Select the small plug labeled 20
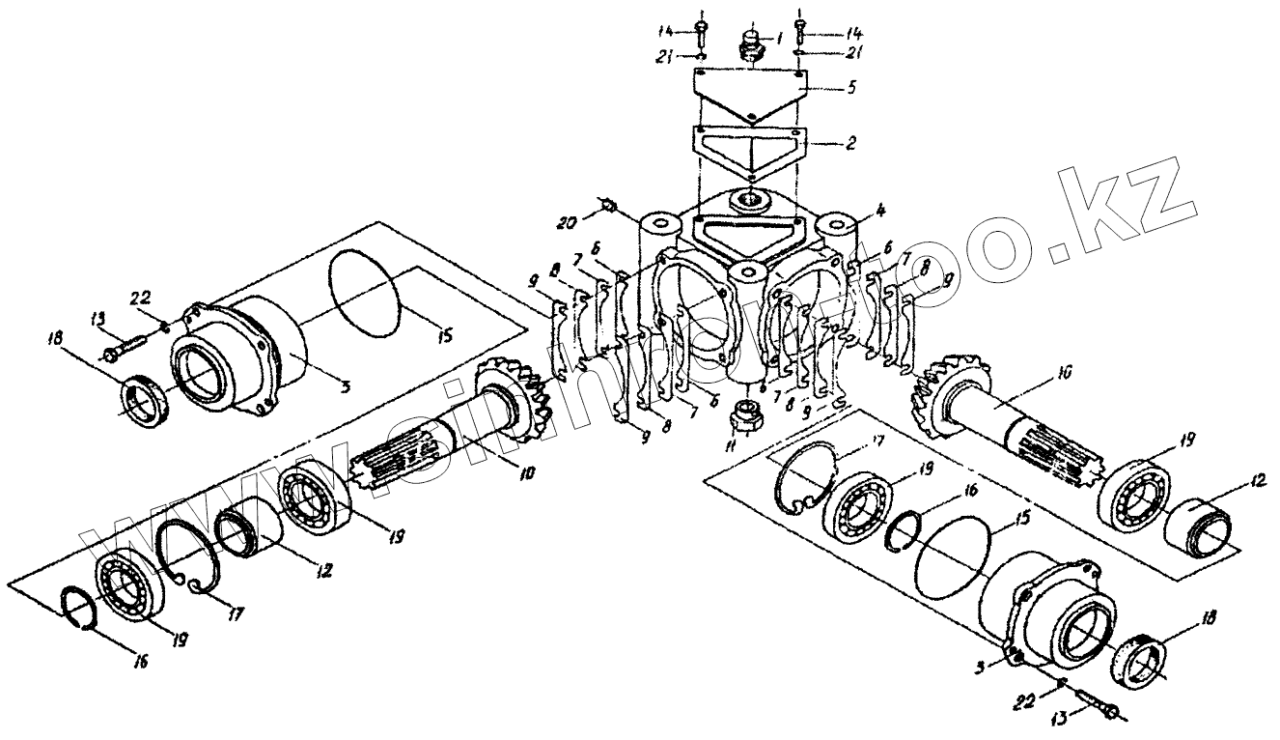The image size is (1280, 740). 609,206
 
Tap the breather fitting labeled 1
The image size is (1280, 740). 751,44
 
